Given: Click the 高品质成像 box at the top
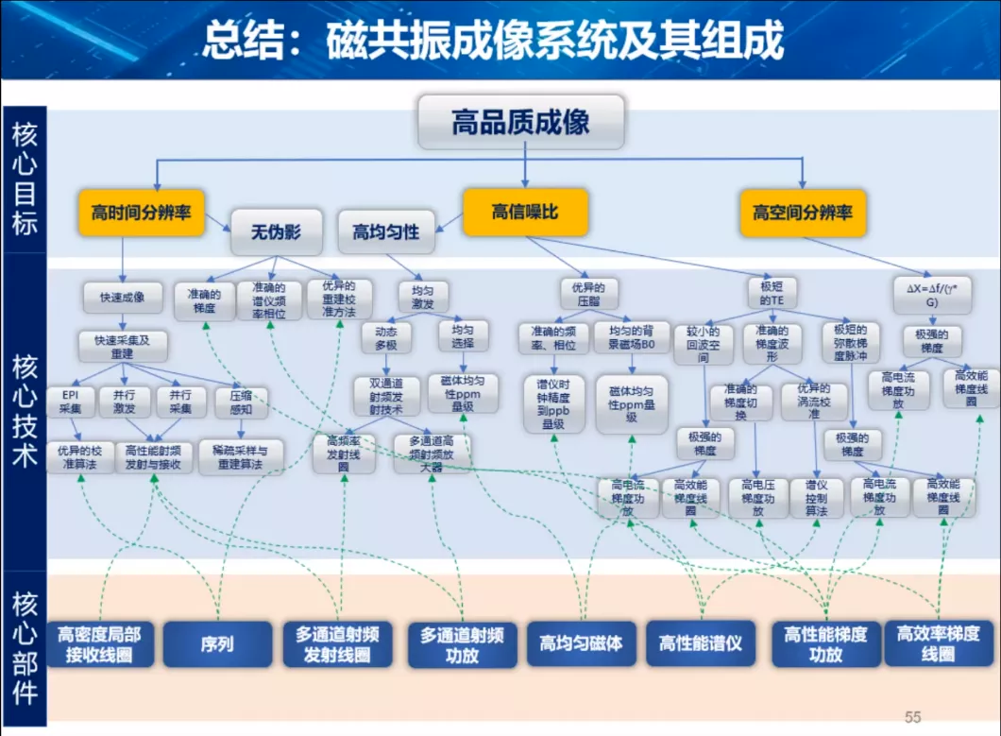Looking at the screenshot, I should coord(520,122).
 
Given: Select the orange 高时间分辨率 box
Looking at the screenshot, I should coord(141,213).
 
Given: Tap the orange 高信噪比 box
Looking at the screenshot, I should coord(525,213).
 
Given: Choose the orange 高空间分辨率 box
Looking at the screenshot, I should coord(803,213).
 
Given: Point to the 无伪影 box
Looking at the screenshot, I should coord(276,232).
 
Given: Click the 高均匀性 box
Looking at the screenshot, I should coord(385,232).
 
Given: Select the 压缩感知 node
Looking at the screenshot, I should coord(241,402).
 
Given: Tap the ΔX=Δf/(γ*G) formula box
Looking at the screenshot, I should coord(930,292).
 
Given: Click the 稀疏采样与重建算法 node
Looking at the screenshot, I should coord(241,457).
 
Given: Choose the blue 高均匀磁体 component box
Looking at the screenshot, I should coord(581,644).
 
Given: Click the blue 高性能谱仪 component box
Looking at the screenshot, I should coord(700,644).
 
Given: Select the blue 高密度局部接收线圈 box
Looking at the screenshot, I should coord(100,644).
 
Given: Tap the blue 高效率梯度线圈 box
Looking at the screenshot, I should coord(938,644).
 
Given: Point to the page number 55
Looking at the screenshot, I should coord(912,717).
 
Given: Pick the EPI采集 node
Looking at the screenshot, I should coord(71,402).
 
